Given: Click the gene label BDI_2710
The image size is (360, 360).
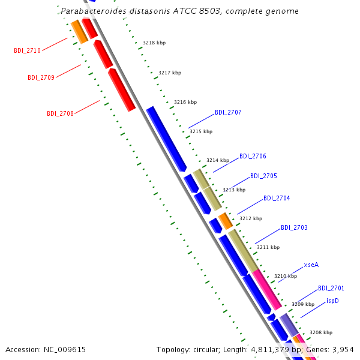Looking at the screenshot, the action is pos(28,50).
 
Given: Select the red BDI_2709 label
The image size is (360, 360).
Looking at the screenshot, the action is pos(41,77).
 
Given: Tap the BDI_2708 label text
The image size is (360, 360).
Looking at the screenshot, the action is pos(60,113).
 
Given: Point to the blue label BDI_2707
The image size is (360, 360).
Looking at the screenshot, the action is pos(228,113).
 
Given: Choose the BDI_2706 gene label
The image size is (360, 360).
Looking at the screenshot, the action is pos(253,157).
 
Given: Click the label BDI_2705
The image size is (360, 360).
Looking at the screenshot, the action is pos(263,176).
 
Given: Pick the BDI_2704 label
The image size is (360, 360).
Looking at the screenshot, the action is pos(277,198).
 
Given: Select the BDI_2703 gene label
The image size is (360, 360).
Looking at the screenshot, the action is pos(294,227).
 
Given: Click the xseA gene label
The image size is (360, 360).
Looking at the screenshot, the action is pos(311,265).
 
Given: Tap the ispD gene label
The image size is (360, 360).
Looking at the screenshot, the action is pos(332,301).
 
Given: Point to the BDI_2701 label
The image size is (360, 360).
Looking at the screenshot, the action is pos(331,288).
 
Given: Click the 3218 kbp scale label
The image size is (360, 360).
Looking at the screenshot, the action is pos(154,43).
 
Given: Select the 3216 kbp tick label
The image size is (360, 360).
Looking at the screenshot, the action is pos(185,102).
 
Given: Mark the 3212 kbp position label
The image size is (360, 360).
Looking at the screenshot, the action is pos(251,218).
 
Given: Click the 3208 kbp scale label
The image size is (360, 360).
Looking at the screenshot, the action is pos(321,332).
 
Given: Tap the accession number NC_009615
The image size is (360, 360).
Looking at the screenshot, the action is pos(65,350).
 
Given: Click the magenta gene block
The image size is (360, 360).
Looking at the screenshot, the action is pos(267,289).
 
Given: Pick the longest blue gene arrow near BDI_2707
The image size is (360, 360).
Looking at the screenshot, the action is pos(166,139).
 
